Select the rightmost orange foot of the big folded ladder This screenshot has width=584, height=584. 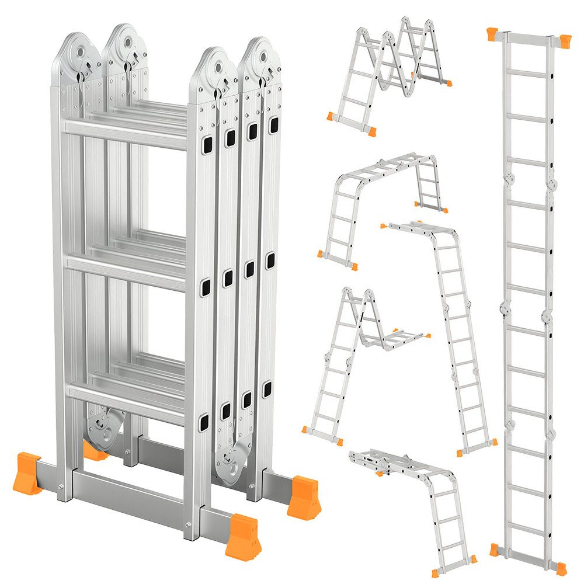[304, 496]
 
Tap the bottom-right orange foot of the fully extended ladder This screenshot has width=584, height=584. [561, 567]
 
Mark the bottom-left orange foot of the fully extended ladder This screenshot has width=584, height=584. [495, 550]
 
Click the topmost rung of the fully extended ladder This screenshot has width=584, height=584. [527, 74]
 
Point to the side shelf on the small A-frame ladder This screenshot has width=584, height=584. [403, 337]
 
